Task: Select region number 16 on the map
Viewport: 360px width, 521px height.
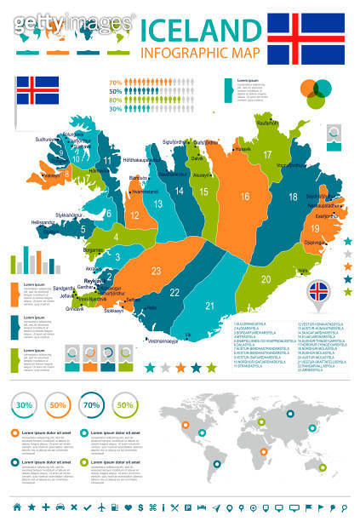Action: (243, 197)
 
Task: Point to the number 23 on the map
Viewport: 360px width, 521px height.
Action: (156, 271)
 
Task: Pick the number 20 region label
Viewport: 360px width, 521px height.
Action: (266, 278)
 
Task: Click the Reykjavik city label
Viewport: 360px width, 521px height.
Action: (93, 280)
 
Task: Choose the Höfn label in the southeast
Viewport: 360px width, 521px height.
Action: (303, 271)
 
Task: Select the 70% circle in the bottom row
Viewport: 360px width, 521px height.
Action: (91, 404)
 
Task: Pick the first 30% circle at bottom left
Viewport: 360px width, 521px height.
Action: (24, 404)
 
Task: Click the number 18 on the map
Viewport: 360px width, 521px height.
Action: (293, 197)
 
